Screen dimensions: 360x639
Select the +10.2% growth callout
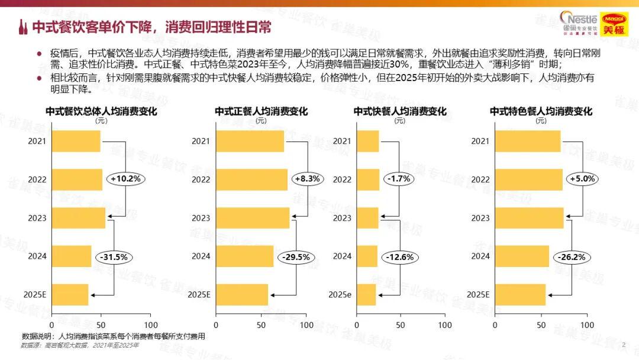tap(125, 178)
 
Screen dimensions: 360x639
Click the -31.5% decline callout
tap(114, 257)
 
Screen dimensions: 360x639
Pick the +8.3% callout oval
tap(306, 178)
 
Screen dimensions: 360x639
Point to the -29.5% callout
tap(295, 257)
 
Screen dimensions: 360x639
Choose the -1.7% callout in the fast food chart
tap(399, 178)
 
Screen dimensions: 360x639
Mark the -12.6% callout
tap(400, 257)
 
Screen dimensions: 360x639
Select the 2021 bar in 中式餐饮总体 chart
tap(76, 142)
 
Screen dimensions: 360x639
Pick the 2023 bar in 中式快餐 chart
tap(367, 218)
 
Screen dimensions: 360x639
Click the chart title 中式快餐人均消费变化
tap(399, 111)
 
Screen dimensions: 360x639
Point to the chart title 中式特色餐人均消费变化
tap(541, 111)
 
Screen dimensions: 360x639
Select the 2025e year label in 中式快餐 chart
tap(340, 294)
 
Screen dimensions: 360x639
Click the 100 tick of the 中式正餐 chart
tap(306, 325)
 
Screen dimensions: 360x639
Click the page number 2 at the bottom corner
tap(624, 344)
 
